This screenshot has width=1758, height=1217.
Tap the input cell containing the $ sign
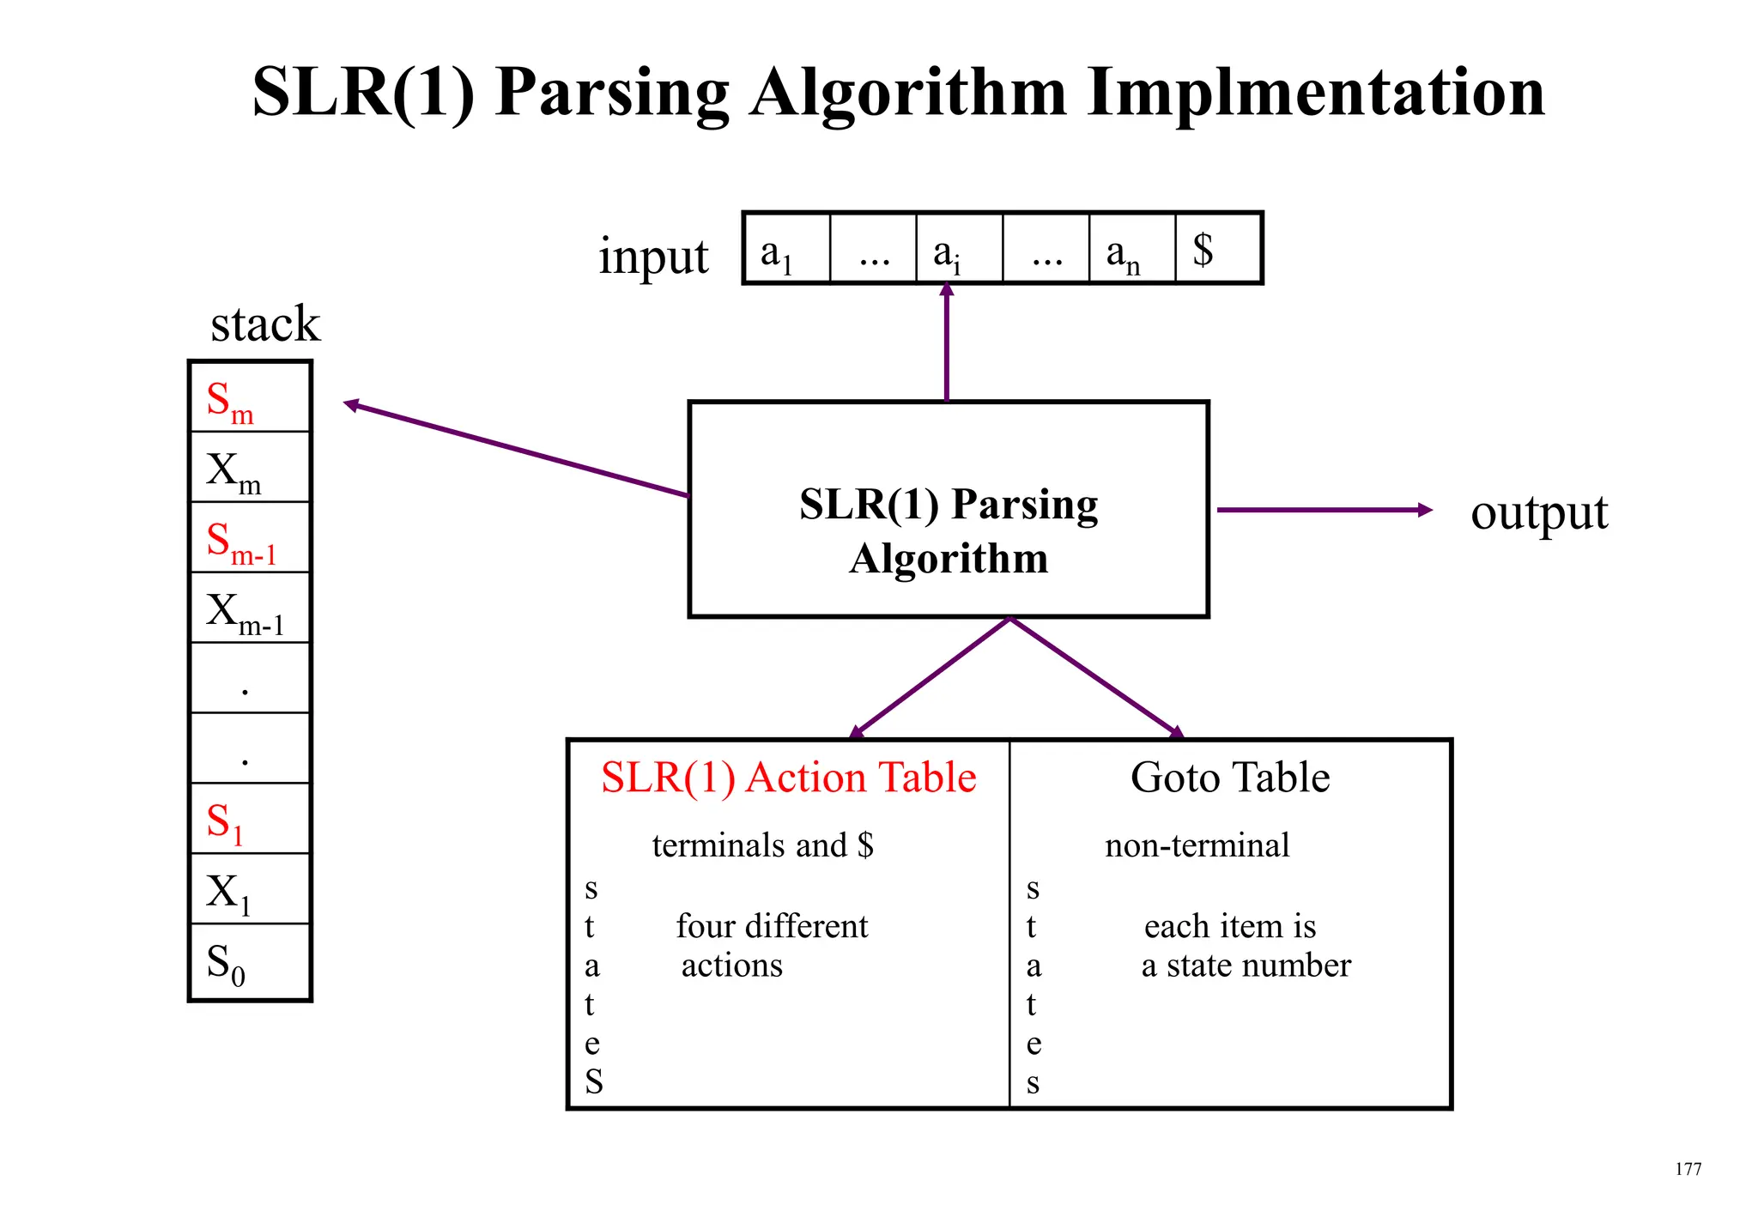point(1217,249)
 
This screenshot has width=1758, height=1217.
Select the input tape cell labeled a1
point(786,249)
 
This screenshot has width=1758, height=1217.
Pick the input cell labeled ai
point(959,249)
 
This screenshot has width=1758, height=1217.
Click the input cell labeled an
point(1131,249)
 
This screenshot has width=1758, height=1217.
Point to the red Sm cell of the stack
point(249,398)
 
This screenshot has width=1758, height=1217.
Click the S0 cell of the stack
point(249,962)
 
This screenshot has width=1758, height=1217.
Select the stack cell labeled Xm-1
point(249,608)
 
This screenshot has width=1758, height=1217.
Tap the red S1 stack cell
point(249,820)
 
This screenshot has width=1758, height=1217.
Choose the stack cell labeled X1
point(249,890)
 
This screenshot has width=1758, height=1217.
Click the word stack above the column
point(264,324)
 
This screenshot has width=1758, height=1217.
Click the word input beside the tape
point(653,257)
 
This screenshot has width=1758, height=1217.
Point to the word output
point(1538,513)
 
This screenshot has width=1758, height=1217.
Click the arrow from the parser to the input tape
point(946,343)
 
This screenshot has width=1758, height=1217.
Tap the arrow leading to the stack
point(515,450)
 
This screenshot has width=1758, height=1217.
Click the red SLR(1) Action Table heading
point(788,778)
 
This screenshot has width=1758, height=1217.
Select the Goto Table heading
point(1229,778)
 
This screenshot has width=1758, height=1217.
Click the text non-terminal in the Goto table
point(1197,846)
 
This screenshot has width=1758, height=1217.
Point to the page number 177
point(1688,1169)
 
